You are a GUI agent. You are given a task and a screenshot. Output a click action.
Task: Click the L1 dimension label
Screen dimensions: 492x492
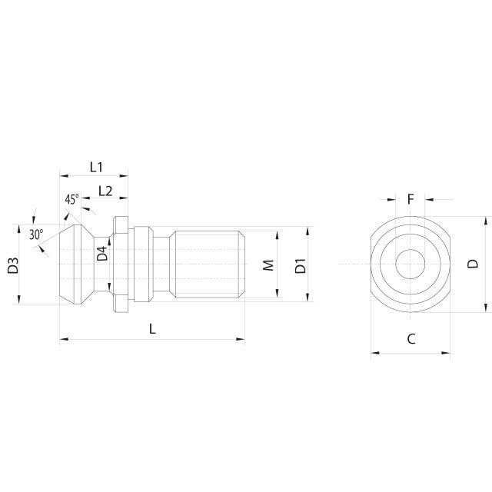click(96, 166)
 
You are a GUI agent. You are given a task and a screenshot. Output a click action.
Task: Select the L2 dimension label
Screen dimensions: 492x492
click(106, 191)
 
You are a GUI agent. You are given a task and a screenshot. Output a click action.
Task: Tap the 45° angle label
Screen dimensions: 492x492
click(71, 199)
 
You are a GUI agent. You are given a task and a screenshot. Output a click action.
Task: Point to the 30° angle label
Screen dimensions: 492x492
click(36, 234)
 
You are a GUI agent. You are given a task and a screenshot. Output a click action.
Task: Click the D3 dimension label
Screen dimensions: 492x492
click(13, 266)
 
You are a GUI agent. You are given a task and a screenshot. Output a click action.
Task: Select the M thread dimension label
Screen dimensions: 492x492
click(268, 265)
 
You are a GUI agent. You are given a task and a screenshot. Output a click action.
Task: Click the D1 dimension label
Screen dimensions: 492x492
click(301, 266)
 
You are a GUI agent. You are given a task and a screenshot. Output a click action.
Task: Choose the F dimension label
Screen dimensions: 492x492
click(411, 199)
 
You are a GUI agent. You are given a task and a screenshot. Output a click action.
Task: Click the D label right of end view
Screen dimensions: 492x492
click(474, 264)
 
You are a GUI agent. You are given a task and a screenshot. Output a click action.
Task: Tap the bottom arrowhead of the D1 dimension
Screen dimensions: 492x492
click(309, 301)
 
